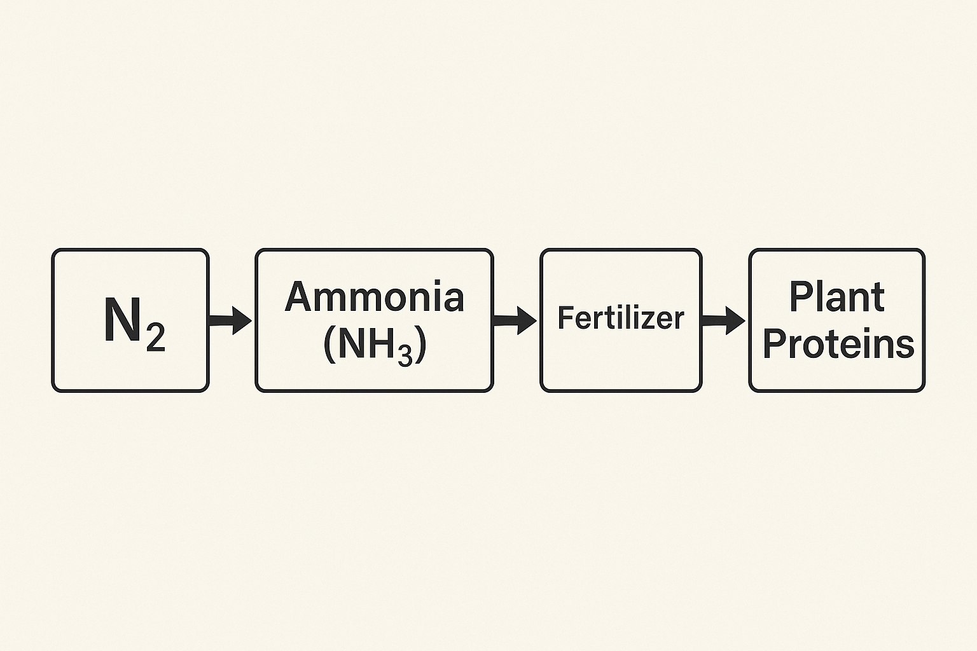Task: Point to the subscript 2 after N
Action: [156, 339]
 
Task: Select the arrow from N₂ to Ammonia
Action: [230, 320]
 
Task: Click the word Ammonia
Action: [374, 296]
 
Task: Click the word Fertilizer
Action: [621, 318]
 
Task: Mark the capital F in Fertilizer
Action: [565, 318]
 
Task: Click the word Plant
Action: [837, 297]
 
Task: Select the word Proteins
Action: [838, 343]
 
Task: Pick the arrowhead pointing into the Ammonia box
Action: [242, 320]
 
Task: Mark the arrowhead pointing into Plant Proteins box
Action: [735, 320]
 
